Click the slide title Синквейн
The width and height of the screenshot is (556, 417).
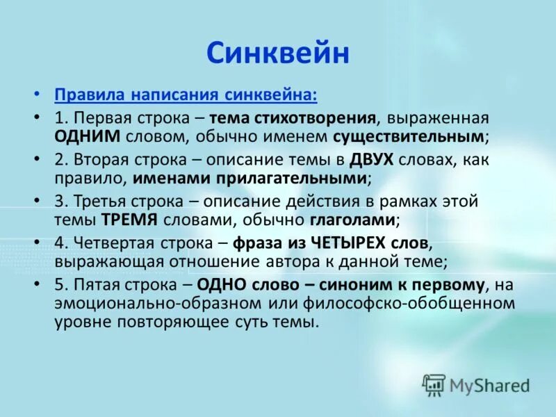pos(277,53)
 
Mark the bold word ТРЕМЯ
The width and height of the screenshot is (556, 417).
pos(131,220)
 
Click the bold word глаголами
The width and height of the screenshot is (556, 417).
pos(352,220)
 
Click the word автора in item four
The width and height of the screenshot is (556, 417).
pos(284,262)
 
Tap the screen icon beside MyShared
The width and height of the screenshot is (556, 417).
pos(434,384)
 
